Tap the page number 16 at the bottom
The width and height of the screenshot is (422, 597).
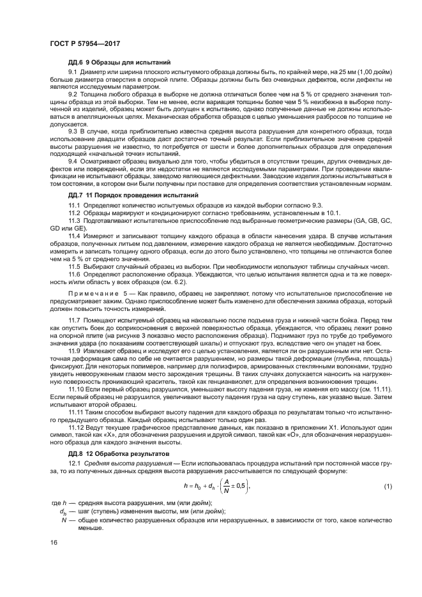pyautogui.click(x=53, y=542)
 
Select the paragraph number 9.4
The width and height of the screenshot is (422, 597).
pyautogui.click(x=73, y=162)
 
